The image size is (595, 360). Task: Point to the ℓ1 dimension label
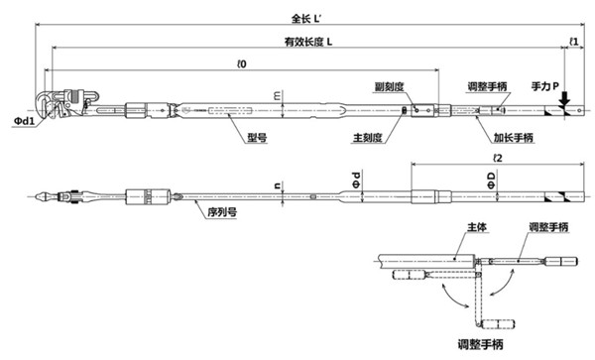(x=574, y=41)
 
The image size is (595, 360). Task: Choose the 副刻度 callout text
(x=389, y=87)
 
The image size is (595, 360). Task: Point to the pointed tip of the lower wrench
(x=39, y=196)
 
